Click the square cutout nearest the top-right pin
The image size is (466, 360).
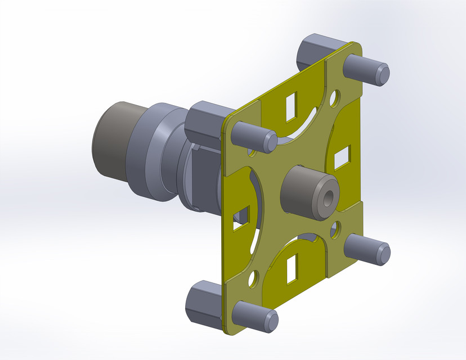click(x=292, y=106)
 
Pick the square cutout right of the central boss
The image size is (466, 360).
click(x=342, y=157)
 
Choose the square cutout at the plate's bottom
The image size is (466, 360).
click(x=293, y=268)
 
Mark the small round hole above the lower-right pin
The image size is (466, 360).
click(x=336, y=228)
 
